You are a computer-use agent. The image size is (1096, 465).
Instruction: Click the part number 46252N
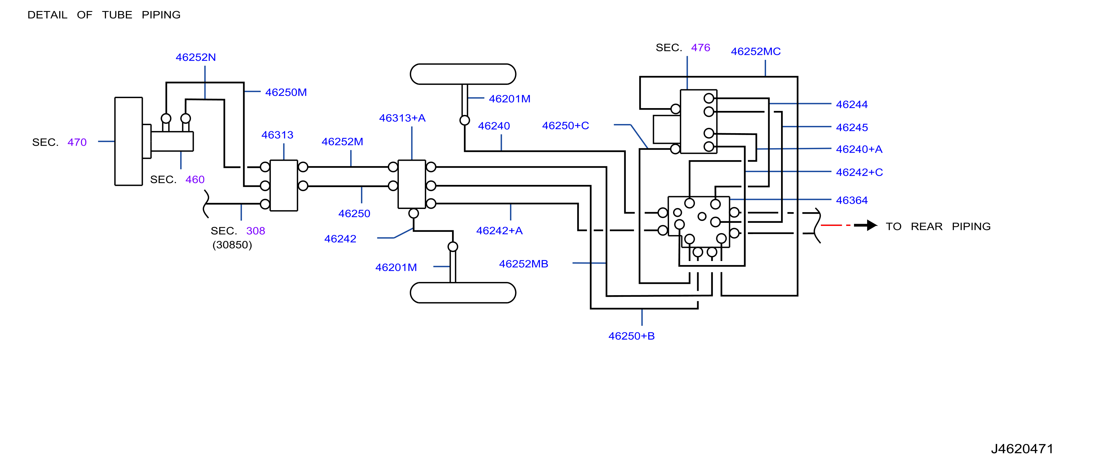[x=196, y=57]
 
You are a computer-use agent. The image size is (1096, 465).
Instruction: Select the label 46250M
[x=286, y=92]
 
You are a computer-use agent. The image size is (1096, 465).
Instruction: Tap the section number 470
[x=77, y=142]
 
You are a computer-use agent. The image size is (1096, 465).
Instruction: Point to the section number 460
[x=195, y=179]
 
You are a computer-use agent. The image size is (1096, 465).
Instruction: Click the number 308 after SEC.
[x=256, y=231]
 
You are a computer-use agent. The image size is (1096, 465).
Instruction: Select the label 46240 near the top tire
[x=494, y=126]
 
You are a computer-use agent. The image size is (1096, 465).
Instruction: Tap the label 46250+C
[x=565, y=126]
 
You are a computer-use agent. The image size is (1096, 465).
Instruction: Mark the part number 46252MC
[x=756, y=51]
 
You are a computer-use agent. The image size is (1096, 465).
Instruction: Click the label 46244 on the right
[x=852, y=104]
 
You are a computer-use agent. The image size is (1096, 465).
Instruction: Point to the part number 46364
[x=852, y=200]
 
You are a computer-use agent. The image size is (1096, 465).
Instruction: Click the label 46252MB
[x=523, y=264]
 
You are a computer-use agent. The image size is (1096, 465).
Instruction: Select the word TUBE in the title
[x=117, y=15]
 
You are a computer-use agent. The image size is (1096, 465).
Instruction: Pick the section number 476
[x=701, y=48]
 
